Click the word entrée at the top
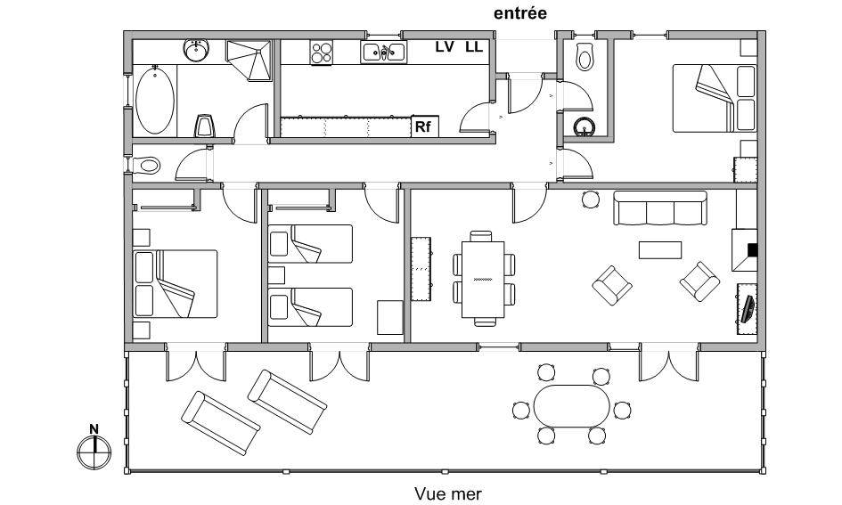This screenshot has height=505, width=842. (x=519, y=13)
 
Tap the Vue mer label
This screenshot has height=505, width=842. (x=448, y=493)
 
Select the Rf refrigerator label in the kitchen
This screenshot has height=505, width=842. (x=423, y=127)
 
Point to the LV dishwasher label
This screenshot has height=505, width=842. (x=445, y=47)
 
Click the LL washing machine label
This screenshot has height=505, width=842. (x=474, y=47)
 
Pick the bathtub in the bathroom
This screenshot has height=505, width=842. (x=155, y=101)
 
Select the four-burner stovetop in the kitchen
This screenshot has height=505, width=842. (x=321, y=53)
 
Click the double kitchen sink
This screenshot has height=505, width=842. (x=383, y=53)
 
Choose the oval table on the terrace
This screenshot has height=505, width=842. (x=572, y=406)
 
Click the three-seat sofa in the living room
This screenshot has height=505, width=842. (x=660, y=208)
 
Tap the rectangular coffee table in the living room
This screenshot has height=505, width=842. (x=660, y=250)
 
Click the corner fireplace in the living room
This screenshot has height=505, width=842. (x=744, y=250)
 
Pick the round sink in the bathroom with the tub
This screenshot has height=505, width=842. (x=196, y=51)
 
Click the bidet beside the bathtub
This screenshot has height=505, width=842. (x=204, y=126)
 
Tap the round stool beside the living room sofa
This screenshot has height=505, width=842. (x=591, y=200)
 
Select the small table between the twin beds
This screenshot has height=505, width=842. (x=276, y=275)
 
